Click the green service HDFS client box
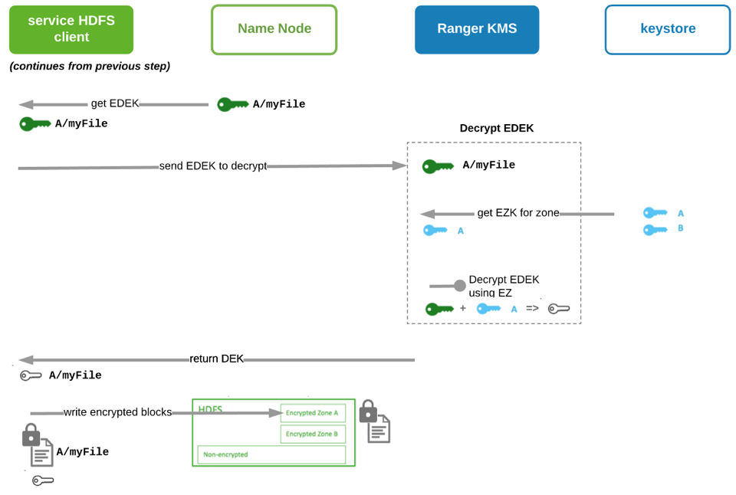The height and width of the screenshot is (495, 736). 71,29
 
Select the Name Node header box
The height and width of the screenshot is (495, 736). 274,29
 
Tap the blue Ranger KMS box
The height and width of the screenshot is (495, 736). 477,29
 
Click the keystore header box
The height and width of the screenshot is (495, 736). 667,29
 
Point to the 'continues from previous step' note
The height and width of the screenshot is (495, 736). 90,67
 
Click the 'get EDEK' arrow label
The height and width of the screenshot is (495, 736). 115,103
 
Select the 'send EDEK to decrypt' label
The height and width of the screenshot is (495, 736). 212,166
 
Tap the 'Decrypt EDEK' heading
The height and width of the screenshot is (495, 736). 496,128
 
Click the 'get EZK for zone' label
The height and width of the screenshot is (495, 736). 518,213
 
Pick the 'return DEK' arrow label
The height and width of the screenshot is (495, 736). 216,359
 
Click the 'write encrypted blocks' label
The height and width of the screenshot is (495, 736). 117,412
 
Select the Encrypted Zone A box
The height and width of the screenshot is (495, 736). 313,413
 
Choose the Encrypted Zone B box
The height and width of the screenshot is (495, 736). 313,434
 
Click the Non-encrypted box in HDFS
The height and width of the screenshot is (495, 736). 271,454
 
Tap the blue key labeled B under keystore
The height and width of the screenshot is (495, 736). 656,229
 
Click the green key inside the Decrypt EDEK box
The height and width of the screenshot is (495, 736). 438,166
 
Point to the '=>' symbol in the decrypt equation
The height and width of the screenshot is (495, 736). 532,309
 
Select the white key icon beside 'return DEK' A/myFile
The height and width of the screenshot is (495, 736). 31,375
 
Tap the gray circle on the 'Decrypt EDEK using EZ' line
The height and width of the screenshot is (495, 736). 459,286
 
